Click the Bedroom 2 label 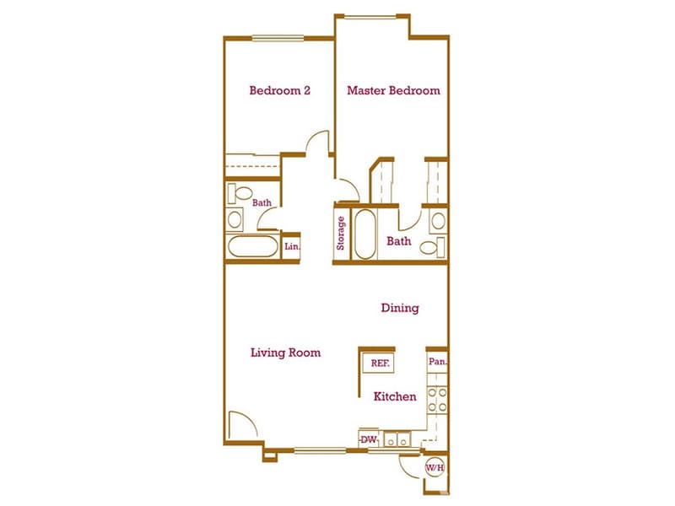click(279, 90)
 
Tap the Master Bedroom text click(393, 90)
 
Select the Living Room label click(285, 353)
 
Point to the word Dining click(399, 309)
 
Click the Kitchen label click(395, 396)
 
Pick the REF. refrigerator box click(380, 363)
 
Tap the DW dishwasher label click(368, 439)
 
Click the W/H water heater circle click(434, 467)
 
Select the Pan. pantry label click(436, 363)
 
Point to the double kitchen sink click(396, 439)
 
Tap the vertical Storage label click(342, 234)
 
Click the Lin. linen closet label click(291, 247)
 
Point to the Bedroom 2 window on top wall click(278, 36)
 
